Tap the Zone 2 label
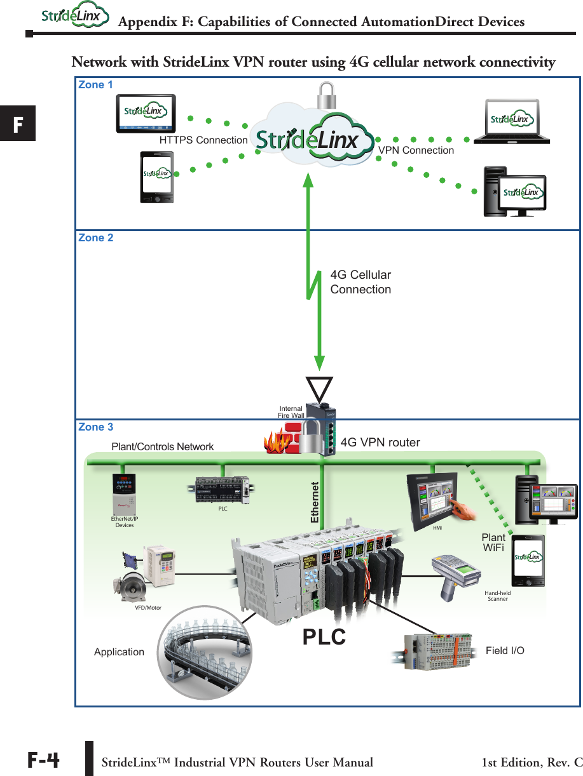click(96, 238)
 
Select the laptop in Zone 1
click(512, 121)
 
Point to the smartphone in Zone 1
click(156, 177)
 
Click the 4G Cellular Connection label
click(360, 282)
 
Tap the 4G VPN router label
click(380, 443)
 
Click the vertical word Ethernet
click(314, 502)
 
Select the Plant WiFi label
click(493, 542)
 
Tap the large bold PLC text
click(324, 636)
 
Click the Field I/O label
click(505, 651)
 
